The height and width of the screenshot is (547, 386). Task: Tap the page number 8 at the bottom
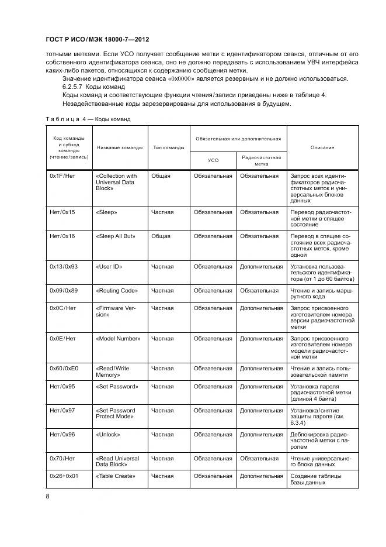[x=48, y=496]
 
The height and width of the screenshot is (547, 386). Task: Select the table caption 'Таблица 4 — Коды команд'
[x=88, y=119]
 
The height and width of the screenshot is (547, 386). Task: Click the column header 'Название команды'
[x=120, y=147]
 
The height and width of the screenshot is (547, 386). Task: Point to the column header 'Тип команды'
[x=169, y=147]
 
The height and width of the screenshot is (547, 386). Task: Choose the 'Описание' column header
[x=322, y=147]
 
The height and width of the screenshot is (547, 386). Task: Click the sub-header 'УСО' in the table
[x=213, y=160]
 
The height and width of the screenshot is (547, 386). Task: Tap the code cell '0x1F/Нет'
[x=62, y=176]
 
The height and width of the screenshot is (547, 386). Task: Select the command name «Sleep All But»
[x=115, y=236]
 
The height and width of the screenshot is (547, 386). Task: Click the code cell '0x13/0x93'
[x=65, y=267]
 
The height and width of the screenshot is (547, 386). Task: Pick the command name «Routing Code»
[x=116, y=290]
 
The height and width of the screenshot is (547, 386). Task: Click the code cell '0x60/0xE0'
[x=65, y=369]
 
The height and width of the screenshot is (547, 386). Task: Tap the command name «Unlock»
[x=107, y=435]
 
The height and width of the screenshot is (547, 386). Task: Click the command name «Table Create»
[x=115, y=476]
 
